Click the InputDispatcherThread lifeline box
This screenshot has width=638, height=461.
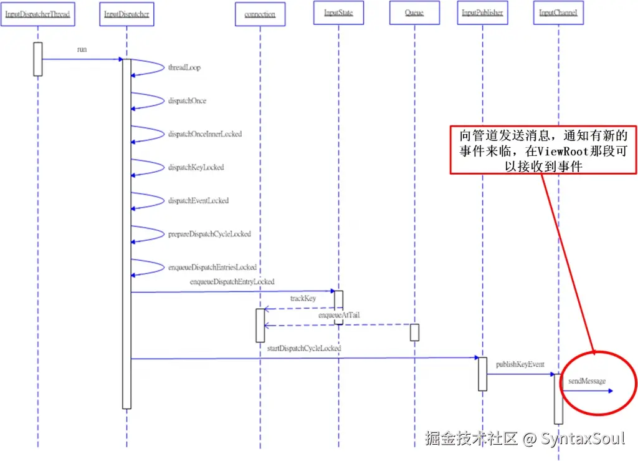click(x=37, y=14)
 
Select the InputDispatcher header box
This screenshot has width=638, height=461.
click(x=126, y=14)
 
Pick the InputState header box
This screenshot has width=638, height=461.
click(x=338, y=12)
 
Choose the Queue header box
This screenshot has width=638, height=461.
click(x=414, y=12)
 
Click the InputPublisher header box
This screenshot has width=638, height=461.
click(x=482, y=12)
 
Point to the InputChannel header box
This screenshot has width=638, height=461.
click(x=558, y=12)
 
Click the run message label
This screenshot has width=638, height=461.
click(x=82, y=49)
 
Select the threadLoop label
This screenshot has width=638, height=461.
click(x=184, y=67)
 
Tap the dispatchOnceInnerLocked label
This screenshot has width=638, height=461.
click(x=204, y=134)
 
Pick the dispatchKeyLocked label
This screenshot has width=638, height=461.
click(x=196, y=167)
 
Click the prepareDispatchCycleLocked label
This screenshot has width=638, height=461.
click(x=209, y=234)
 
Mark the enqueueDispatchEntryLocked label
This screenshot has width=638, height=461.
click(x=232, y=282)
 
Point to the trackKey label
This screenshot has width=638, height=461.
click(x=303, y=299)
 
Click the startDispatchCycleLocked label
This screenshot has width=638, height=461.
click(x=304, y=348)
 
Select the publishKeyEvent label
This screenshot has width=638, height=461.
click(x=520, y=364)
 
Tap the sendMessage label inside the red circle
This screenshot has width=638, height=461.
click(x=586, y=381)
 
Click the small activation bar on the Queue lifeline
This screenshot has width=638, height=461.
click(x=414, y=332)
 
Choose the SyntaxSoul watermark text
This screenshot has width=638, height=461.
click(x=583, y=439)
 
